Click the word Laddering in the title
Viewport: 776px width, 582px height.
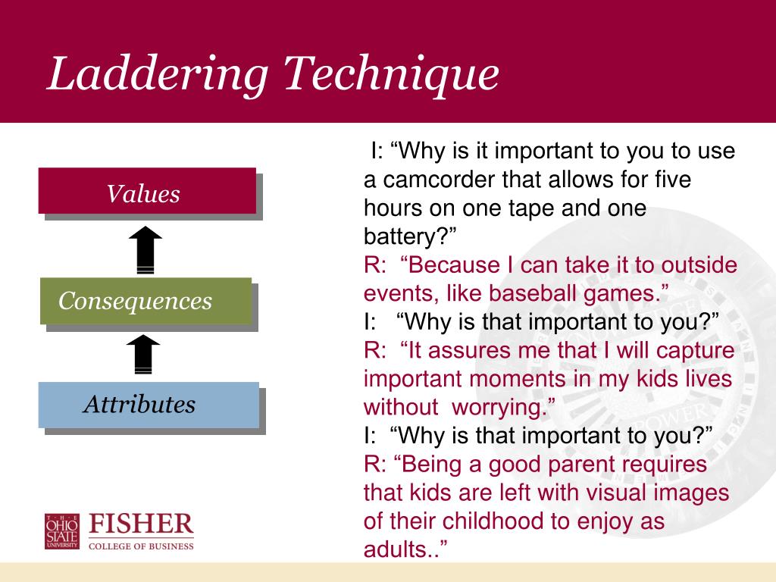(158, 75)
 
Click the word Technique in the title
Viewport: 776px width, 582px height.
(392, 74)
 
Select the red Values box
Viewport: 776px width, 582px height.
(148, 191)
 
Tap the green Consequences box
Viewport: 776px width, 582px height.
(146, 301)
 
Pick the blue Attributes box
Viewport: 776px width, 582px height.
(149, 405)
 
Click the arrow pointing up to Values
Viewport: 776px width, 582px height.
(145, 249)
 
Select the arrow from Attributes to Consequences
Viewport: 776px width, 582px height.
(143, 354)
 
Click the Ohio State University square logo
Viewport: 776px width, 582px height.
(62, 531)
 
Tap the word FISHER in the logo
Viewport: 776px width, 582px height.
(141, 524)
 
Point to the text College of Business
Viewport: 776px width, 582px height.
(141, 546)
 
